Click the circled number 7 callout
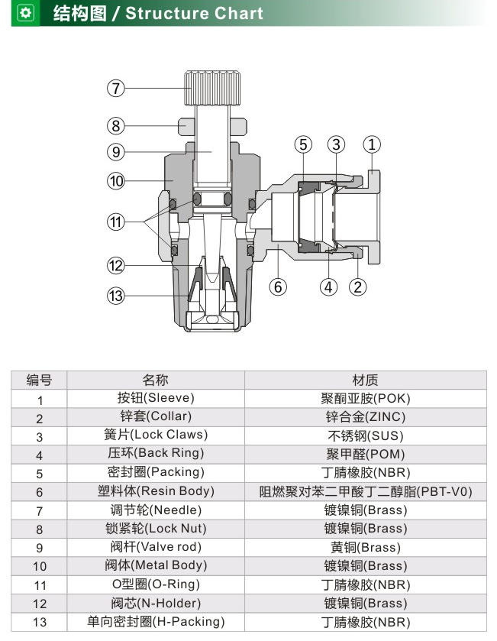[x=115, y=89]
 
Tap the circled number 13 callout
[x=115, y=296]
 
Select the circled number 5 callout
[x=303, y=144]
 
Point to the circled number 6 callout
[x=278, y=287]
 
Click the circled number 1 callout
[x=372, y=144]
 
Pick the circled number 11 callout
[x=115, y=222]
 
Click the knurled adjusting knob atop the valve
[x=212, y=88]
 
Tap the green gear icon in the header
[x=25, y=13]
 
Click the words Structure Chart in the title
[x=195, y=13]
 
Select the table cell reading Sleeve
[x=156, y=398]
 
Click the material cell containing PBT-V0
[x=366, y=491]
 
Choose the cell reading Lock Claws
[x=156, y=435]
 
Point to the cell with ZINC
[x=366, y=417]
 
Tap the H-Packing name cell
[x=156, y=622]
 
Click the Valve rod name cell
[x=156, y=547]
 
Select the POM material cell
[x=366, y=454]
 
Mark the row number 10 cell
[x=39, y=566]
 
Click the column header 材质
[x=366, y=380]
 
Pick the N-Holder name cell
[x=156, y=604]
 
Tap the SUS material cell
[x=366, y=435]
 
